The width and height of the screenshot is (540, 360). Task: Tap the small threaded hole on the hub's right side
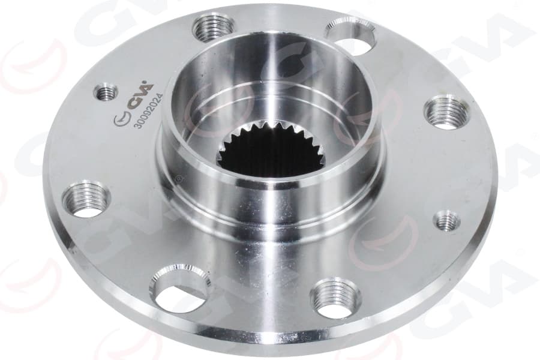448,220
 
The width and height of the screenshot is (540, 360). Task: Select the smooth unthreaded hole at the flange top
351,37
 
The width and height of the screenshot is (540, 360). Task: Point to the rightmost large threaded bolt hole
446,113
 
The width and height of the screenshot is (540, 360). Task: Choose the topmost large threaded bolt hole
214,31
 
